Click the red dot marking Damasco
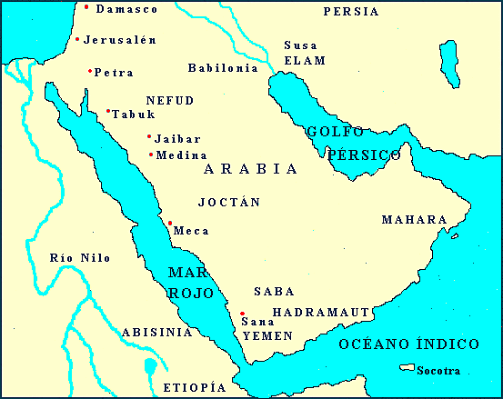[86, 7]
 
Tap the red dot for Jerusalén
[77, 39]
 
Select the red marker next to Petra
[90, 71]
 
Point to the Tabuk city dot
[108, 112]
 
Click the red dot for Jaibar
[149, 136]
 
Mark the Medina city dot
[151, 154]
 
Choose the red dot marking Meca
[170, 223]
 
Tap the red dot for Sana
[242, 314]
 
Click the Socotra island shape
[406, 368]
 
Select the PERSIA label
[351, 12]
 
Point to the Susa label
[299, 45]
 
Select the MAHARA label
[414, 220]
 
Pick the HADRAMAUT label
[321, 312]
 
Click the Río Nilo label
[80, 258]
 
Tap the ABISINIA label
[156, 333]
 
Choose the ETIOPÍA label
[194, 387]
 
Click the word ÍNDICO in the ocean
[448, 344]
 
